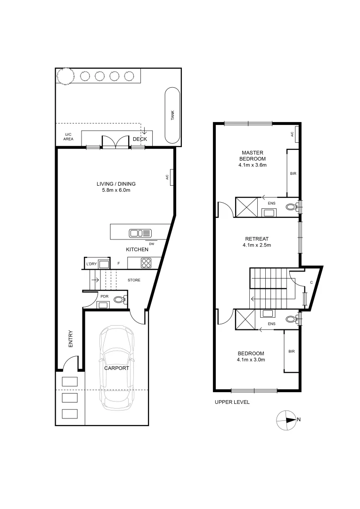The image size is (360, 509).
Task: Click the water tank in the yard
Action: click(x=172, y=115)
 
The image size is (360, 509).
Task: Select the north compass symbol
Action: click(x=287, y=419)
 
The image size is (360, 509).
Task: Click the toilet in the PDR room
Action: click(x=119, y=299)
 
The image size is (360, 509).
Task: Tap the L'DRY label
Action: click(x=91, y=264)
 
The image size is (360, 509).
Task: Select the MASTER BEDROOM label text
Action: click(x=253, y=156)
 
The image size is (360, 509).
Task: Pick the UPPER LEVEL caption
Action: click(x=232, y=402)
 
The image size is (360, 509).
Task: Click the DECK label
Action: click(x=139, y=140)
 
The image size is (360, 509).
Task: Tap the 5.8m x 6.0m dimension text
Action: click(x=116, y=190)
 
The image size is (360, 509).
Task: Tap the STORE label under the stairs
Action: click(x=134, y=280)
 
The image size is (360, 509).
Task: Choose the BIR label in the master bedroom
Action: click(x=293, y=174)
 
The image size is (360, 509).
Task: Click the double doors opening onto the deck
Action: click(x=115, y=142)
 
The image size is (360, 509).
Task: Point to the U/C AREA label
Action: click(x=69, y=137)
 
